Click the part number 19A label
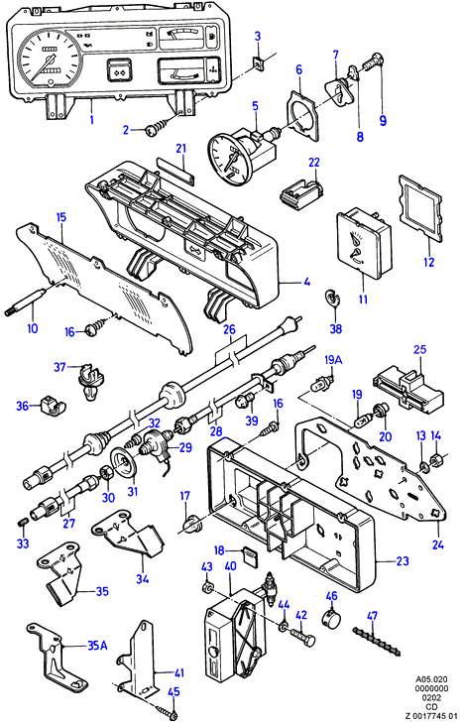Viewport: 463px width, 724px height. pos(333,360)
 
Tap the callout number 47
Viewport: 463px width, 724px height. pos(372,616)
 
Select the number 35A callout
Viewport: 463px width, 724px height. pos(97,645)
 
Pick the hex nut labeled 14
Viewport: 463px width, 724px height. pos(436,460)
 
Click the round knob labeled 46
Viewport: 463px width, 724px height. pos(332,618)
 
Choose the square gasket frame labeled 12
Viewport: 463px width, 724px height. pos(421,208)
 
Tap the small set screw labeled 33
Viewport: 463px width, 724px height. pos(24,522)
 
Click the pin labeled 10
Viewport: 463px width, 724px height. pos(26,302)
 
